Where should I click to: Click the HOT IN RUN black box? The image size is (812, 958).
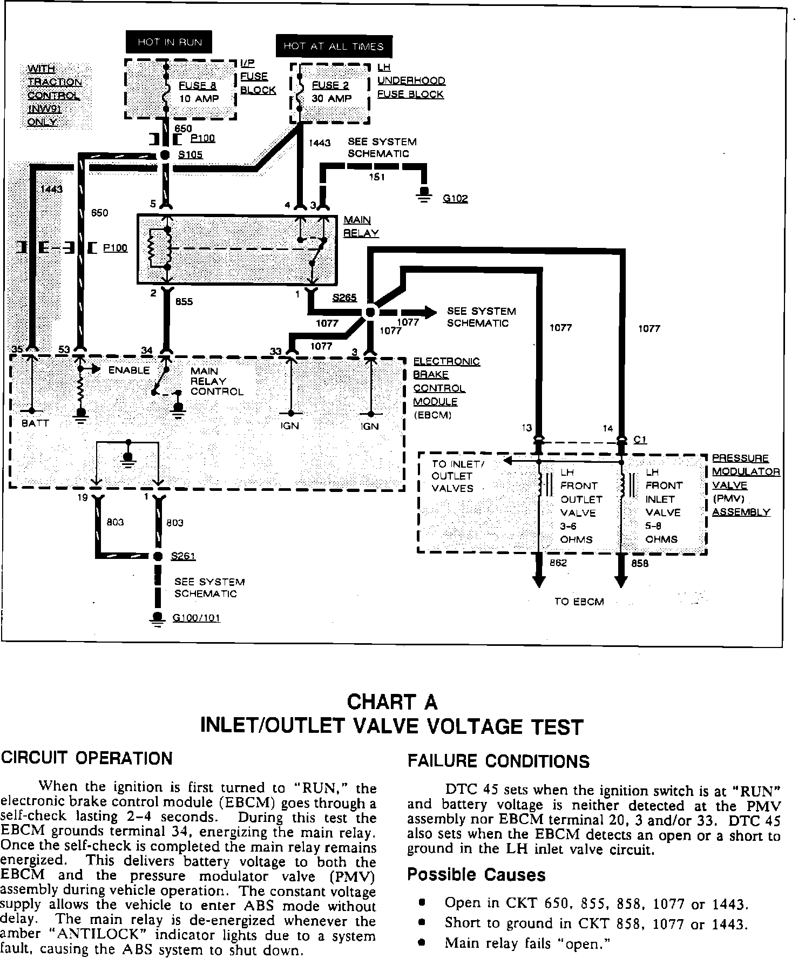click(170, 43)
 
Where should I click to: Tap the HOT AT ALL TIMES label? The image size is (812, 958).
click(333, 46)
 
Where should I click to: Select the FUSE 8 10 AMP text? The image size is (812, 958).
click(199, 92)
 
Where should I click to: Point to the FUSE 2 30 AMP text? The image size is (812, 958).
click(331, 92)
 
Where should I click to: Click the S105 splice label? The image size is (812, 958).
click(190, 155)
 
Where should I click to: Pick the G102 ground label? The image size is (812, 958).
click(455, 199)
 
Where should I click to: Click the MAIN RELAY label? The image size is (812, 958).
click(361, 226)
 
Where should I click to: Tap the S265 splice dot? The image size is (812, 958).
click(370, 312)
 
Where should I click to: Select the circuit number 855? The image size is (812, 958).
click(184, 301)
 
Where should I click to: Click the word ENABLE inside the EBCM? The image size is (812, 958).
click(129, 370)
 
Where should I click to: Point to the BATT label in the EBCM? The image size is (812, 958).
click(35, 423)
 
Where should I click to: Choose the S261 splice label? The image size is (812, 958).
click(183, 556)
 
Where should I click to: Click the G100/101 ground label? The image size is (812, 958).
click(197, 618)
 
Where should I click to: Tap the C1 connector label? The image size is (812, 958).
click(640, 440)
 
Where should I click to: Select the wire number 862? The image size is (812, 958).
click(558, 563)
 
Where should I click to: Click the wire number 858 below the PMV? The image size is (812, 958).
click(640, 563)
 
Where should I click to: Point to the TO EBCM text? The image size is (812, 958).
click(579, 602)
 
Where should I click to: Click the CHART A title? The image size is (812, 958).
click(392, 702)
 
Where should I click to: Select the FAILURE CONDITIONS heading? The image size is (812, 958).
click(498, 762)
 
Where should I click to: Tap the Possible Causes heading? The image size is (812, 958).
click(476, 874)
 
